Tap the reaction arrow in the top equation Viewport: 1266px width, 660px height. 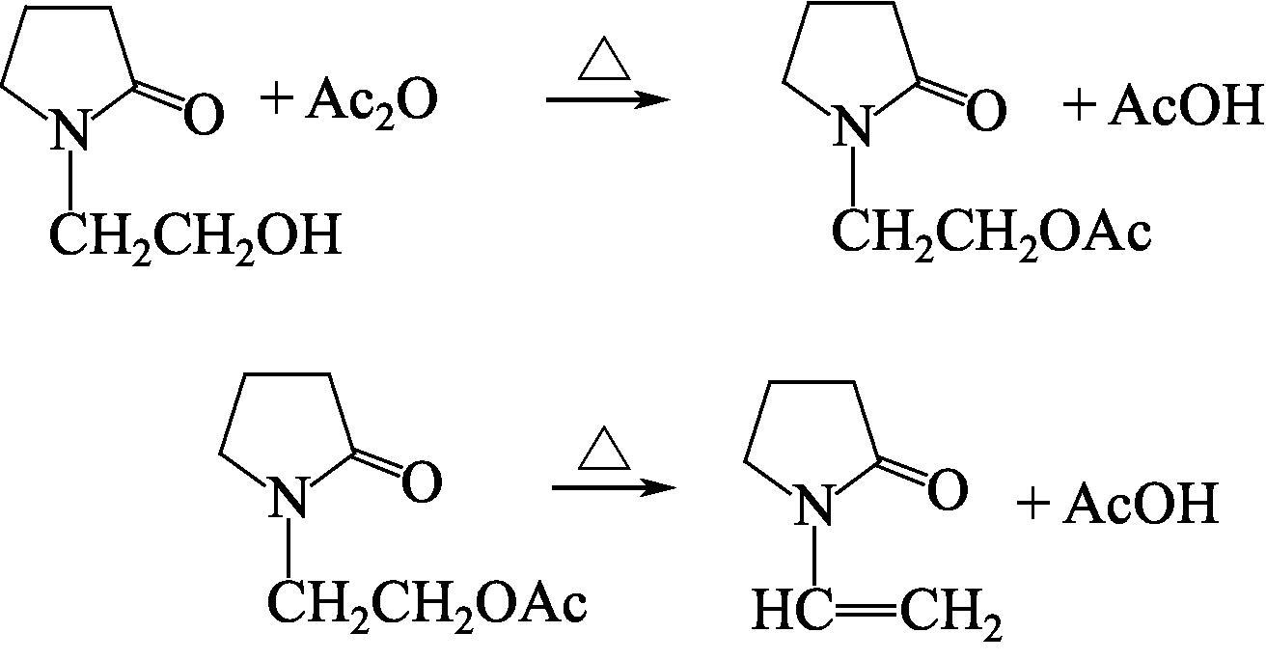click(608, 99)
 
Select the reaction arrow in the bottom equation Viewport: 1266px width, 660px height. click(614, 487)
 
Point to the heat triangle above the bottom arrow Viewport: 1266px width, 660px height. click(604, 451)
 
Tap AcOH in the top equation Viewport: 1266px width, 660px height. click(1186, 107)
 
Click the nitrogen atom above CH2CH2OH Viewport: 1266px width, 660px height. click(70, 130)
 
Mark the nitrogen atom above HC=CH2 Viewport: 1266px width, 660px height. click(815, 507)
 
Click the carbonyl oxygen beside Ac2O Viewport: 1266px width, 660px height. click(203, 115)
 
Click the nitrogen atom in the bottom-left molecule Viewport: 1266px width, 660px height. click(287, 500)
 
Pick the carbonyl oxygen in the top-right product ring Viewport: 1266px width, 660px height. click(985, 111)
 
